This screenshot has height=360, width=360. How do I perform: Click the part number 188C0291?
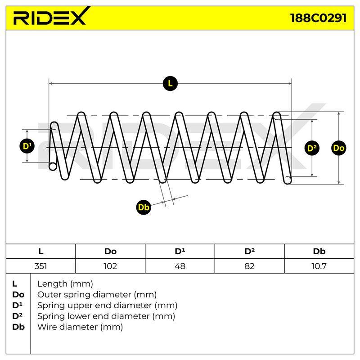318,18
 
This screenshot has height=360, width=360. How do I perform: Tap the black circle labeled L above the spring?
170,83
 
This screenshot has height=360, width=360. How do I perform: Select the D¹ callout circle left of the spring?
27,146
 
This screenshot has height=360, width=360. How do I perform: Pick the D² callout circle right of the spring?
312,148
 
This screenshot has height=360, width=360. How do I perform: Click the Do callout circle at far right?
339,148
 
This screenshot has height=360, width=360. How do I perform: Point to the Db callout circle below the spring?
144,207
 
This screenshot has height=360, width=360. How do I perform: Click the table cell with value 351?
40,266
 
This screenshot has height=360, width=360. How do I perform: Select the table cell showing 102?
110,266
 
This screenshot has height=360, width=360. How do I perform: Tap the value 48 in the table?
180,266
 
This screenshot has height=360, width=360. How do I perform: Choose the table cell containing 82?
250,266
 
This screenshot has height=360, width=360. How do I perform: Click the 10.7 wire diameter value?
319,266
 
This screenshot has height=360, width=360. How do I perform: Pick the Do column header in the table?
110,252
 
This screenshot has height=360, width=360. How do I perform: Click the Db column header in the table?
319,252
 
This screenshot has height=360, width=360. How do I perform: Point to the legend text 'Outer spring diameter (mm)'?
97,295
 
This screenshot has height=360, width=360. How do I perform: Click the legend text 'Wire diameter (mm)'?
80,327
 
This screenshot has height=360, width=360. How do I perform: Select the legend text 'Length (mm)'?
65,284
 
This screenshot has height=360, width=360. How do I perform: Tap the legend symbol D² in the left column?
18,316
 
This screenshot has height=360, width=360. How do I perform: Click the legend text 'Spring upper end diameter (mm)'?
107,306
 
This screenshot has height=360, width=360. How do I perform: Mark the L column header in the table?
40,252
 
